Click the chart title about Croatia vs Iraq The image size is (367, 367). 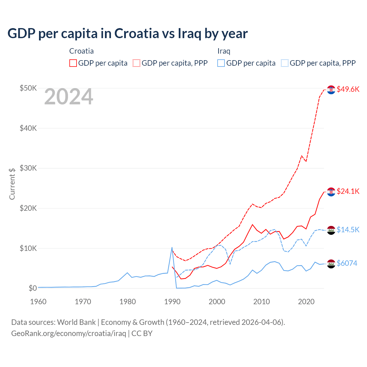[x=128, y=34]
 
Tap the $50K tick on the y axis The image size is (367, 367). [x=28, y=88]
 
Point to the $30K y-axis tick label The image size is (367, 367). [x=28, y=168]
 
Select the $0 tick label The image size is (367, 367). [x=33, y=288]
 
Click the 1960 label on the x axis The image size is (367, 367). [x=38, y=302]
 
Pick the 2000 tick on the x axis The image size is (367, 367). [x=217, y=302]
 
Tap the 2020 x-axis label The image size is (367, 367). [x=306, y=302]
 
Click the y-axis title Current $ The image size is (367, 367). [x=12, y=183]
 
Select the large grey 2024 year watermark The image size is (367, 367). [x=69, y=97]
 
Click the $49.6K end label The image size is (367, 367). [x=348, y=89]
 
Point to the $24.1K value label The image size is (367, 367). [x=348, y=191]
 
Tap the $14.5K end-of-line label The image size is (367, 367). [x=348, y=230]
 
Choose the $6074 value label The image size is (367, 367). [x=347, y=263]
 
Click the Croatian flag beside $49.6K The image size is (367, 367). [x=331, y=90]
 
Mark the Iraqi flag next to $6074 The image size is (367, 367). [x=331, y=263]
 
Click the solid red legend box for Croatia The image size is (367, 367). [x=73, y=63]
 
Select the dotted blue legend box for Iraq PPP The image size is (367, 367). [x=285, y=63]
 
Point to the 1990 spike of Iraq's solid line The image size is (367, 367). [x=172, y=247]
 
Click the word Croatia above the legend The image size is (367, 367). [x=81, y=51]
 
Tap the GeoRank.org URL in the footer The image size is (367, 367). [x=69, y=333]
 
